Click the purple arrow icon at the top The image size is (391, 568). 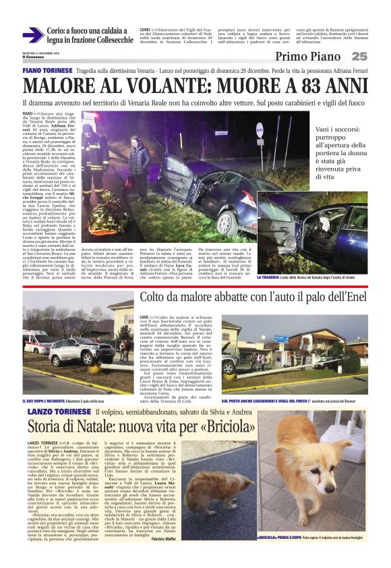[x=32, y=36]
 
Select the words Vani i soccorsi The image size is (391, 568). [x=351, y=131]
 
